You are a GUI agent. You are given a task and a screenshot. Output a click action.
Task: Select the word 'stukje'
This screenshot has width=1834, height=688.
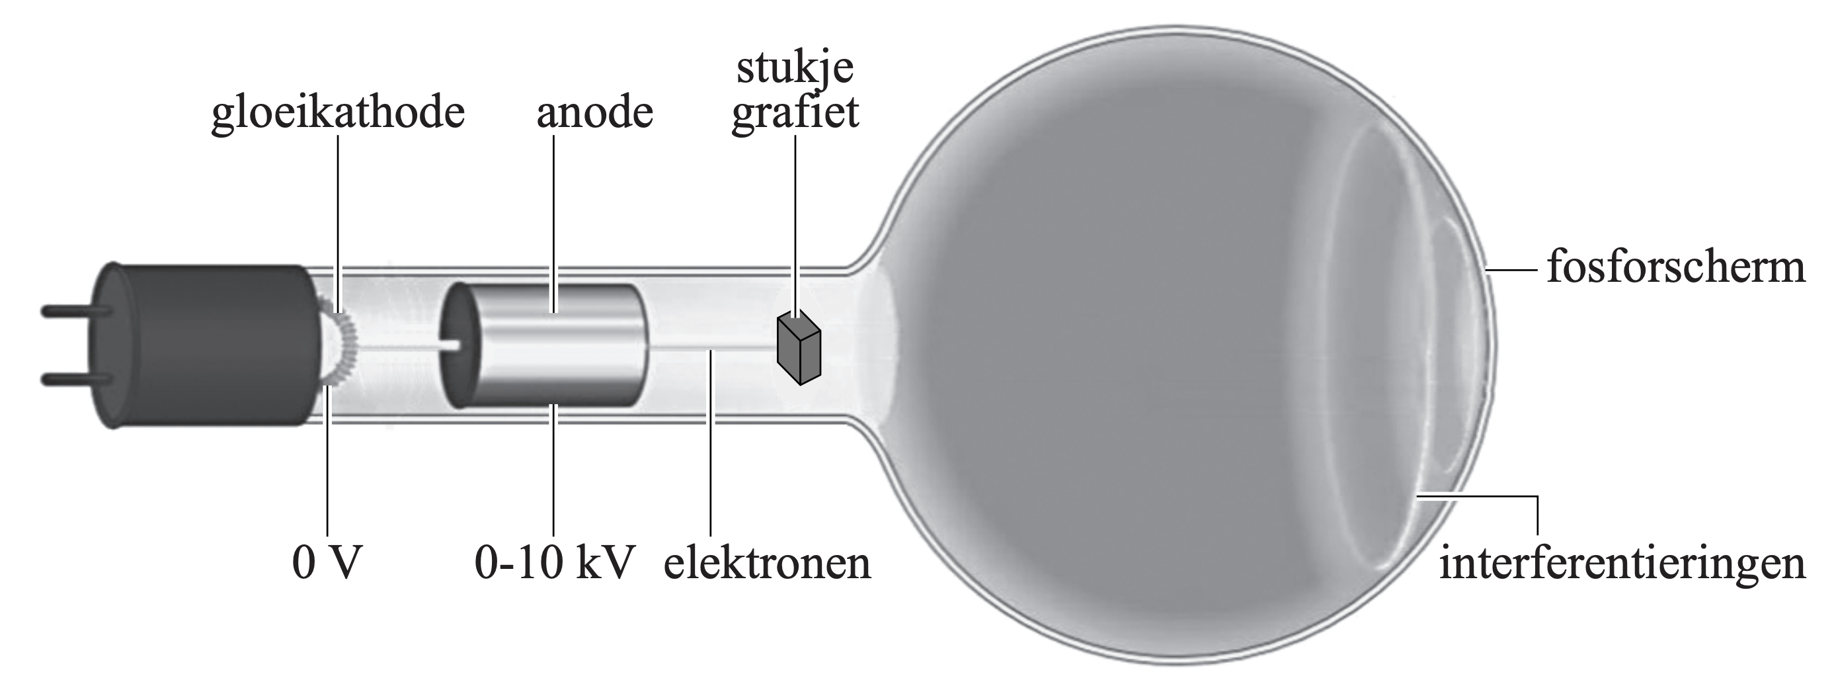(x=795, y=69)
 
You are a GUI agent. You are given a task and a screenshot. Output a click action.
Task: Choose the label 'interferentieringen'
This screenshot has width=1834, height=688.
(x=1622, y=564)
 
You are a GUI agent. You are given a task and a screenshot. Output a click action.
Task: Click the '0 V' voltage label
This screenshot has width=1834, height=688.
(x=327, y=564)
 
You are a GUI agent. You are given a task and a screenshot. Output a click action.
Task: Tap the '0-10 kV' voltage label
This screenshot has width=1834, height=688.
(x=555, y=564)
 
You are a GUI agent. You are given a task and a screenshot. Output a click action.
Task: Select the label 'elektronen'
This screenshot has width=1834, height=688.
(x=767, y=564)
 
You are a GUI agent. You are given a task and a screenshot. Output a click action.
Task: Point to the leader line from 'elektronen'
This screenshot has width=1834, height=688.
(x=710, y=441)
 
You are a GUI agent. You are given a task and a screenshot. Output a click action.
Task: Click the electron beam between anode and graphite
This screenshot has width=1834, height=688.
(x=712, y=348)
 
